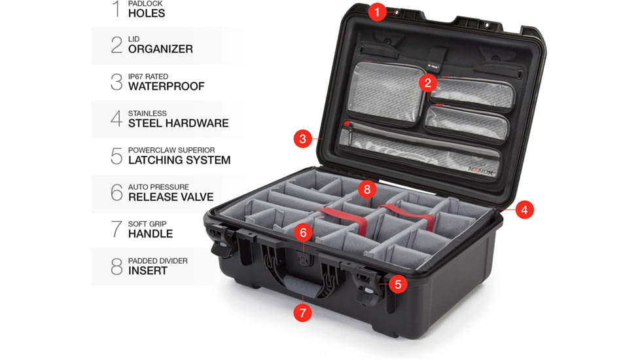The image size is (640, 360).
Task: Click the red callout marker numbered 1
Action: coord(377,11)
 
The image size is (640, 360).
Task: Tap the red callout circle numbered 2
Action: coord(428,82)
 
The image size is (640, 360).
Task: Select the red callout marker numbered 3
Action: coord(302,139)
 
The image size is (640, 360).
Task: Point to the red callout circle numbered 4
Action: coord(524,209)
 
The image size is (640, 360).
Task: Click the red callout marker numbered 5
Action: coord(397,284)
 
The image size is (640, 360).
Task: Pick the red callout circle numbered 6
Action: coord(302,232)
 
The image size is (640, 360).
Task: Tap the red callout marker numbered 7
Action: coord(302,313)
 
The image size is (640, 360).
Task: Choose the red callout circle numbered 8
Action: coord(366,190)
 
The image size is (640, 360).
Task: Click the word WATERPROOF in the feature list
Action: coord(166,86)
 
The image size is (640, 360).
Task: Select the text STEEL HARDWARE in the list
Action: coord(178,123)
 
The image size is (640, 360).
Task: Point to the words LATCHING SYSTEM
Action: coord(179,160)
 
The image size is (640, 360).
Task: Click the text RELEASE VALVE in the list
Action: coord(170,196)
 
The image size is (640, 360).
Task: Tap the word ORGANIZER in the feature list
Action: coord(160,49)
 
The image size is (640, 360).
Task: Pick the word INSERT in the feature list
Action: coord(148,270)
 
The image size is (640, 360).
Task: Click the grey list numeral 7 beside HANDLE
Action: coord(116,229)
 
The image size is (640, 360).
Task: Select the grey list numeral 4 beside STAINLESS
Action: coord(116,118)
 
